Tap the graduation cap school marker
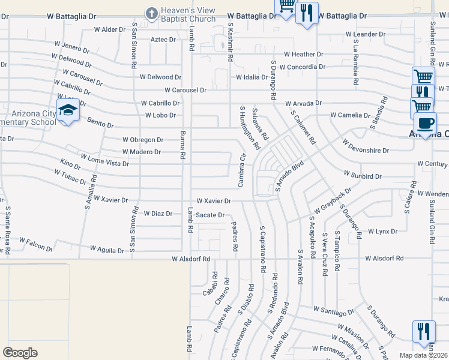click(x=68, y=111)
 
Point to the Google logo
click(x=20, y=353)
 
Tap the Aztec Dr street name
click(x=163, y=40)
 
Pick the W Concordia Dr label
click(x=302, y=67)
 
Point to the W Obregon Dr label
click(x=142, y=140)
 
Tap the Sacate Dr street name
click(x=210, y=215)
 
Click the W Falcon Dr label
click(x=35, y=244)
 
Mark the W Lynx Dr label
click(x=382, y=231)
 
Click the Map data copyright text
click(x=424, y=355)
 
